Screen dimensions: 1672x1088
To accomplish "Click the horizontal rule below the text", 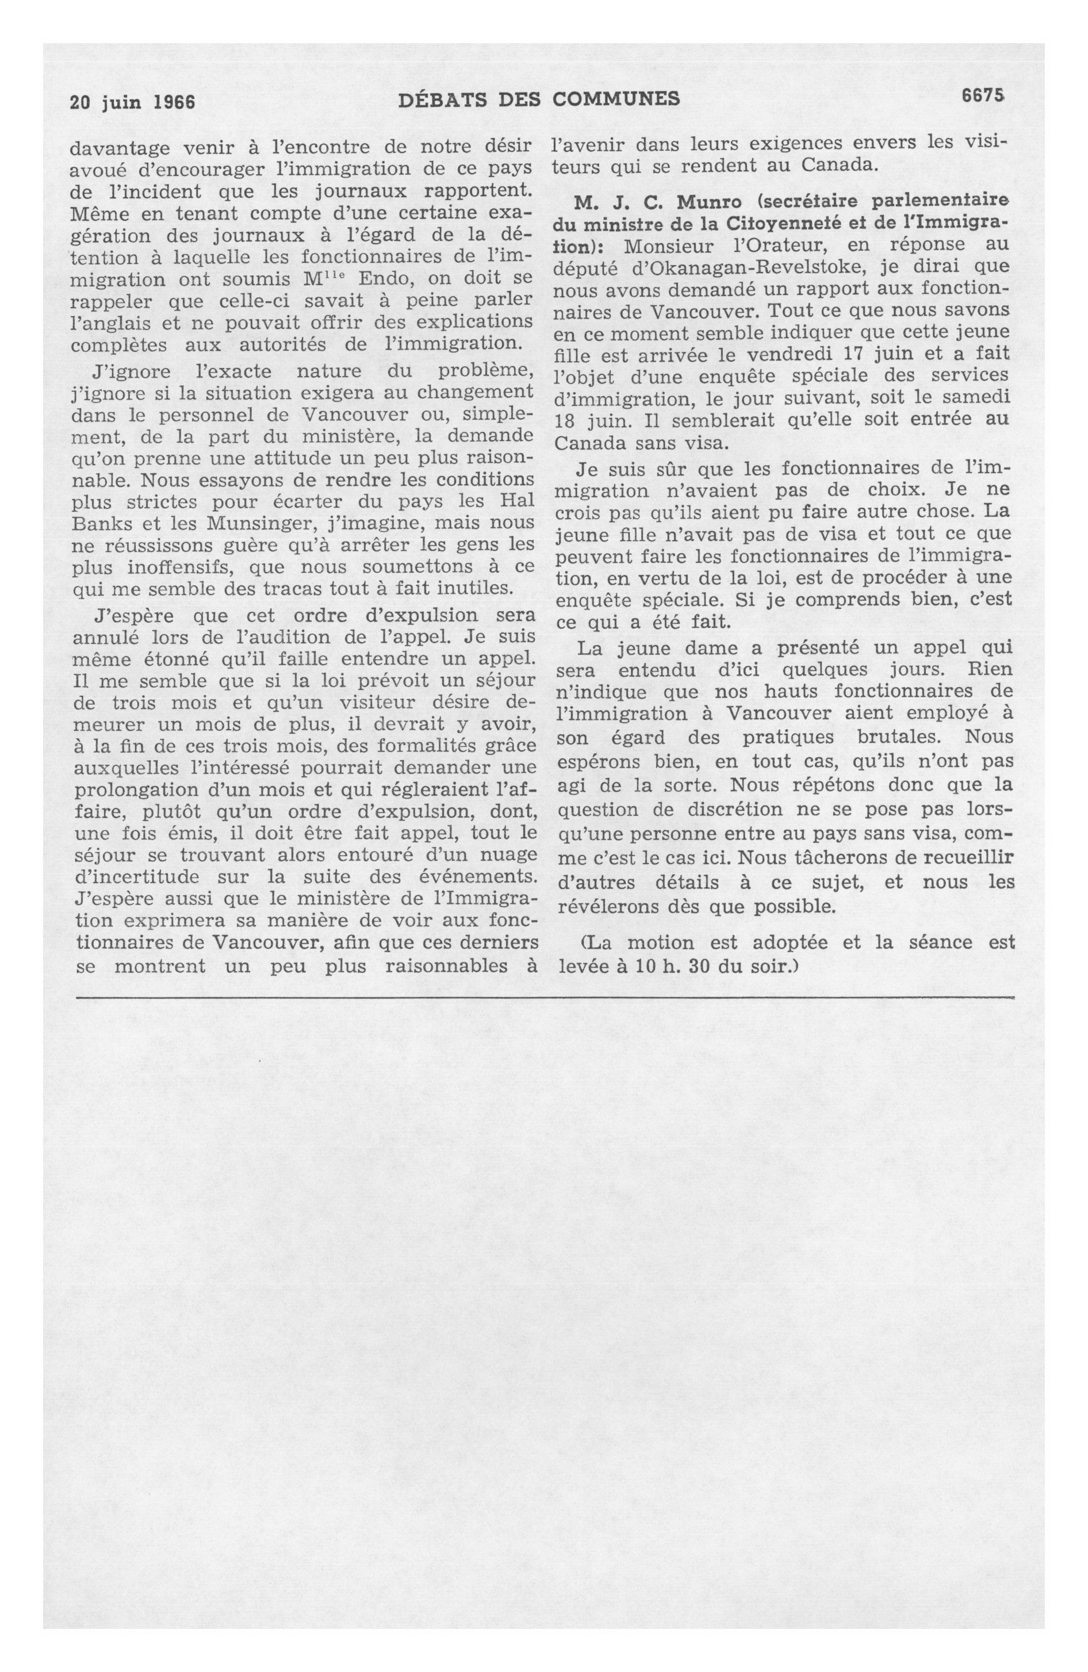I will [544, 997].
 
